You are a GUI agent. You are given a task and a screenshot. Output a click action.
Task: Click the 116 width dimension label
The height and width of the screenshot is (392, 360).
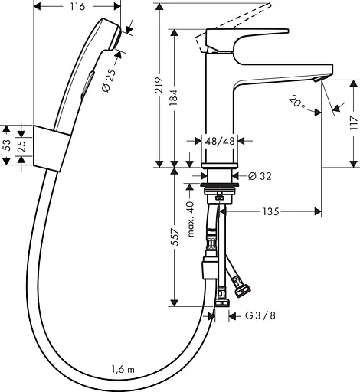[78, 6]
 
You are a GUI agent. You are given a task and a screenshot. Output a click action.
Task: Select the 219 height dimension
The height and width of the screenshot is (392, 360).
[159, 85]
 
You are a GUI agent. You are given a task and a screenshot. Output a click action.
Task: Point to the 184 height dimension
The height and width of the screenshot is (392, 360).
[174, 97]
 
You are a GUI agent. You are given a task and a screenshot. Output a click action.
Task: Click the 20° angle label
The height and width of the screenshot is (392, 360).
[297, 102]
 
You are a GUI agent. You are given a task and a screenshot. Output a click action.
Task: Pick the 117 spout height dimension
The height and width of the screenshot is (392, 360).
[354, 123]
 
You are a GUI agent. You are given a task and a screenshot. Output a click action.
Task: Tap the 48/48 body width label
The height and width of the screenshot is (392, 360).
[220, 141]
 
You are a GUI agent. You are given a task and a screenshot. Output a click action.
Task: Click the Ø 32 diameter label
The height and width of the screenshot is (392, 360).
[260, 176]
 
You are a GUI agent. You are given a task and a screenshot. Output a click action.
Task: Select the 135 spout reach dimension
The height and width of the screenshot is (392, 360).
[270, 211]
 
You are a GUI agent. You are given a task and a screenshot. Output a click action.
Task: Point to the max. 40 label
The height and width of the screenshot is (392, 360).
[191, 219]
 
